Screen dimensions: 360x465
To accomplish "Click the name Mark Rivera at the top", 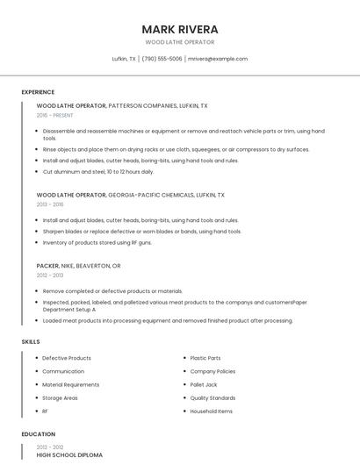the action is coord(180,29).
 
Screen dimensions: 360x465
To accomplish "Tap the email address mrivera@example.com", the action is coord(218,59).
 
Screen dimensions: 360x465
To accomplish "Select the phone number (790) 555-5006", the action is coord(162,59).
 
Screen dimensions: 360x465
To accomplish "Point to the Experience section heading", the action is coord(38,92).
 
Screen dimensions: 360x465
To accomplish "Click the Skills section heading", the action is coord(31,341).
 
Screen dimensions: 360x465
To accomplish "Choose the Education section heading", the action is coord(38,434).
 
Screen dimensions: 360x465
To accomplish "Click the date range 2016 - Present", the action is coord(54,115).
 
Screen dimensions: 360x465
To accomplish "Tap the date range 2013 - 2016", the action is coord(50,204).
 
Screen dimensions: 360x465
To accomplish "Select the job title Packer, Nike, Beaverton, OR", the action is coord(78,265).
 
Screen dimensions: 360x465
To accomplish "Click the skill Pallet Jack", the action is coord(205,384).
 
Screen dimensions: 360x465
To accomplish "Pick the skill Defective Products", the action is coord(67,358).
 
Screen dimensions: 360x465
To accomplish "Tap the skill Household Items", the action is coord(212,411).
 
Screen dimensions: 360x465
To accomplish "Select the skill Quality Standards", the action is coord(212,397).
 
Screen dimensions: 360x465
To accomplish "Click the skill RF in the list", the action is coord(46,411).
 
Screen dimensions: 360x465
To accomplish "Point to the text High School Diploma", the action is coord(69,455).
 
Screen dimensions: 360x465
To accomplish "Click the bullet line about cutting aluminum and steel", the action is coord(97,171).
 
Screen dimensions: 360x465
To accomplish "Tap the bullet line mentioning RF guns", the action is coord(97,242).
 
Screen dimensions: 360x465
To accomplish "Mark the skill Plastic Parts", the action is coord(205,358).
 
